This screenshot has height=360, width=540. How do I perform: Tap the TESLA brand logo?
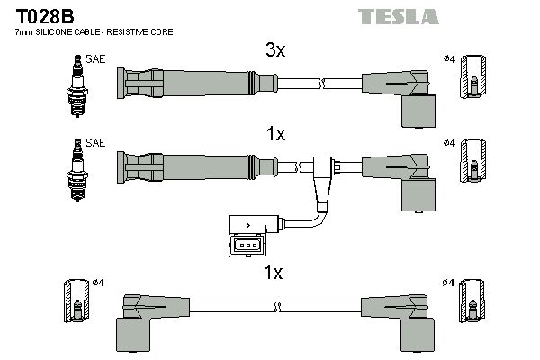398,16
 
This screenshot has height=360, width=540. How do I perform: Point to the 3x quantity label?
275,51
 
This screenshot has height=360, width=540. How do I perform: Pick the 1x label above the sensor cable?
275,134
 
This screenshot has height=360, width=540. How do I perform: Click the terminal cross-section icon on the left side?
76,302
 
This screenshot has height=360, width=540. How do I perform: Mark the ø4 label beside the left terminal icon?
99,283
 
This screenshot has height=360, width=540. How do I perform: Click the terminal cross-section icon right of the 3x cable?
472,78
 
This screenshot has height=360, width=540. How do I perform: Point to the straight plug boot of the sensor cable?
194,166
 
